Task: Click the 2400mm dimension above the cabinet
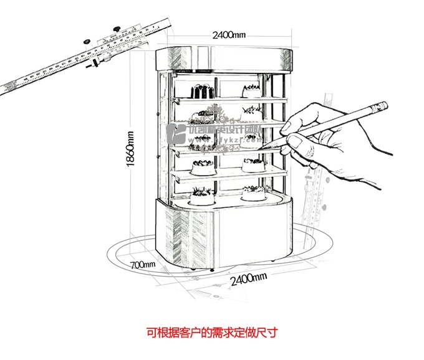click(228, 35)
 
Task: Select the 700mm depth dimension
click(143, 264)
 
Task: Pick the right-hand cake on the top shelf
click(251, 90)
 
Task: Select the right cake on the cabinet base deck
click(253, 194)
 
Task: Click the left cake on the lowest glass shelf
click(201, 166)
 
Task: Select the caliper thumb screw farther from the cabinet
click(86, 40)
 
